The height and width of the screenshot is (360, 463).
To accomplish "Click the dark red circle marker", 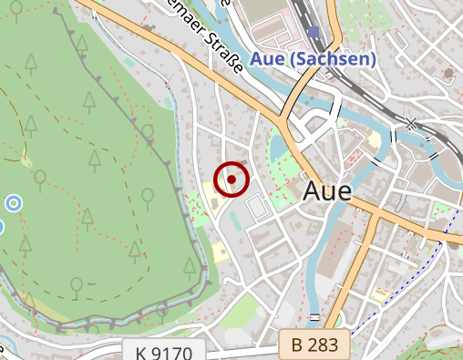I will (x=231, y=180).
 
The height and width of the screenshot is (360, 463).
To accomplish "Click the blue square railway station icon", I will (x=314, y=33).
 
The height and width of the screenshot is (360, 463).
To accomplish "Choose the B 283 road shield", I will (x=315, y=345).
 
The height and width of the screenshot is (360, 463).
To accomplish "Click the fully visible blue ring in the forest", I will (x=14, y=201).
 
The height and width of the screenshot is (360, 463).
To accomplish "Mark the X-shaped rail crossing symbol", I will (x=412, y=123).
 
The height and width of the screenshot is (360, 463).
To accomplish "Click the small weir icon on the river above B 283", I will (x=314, y=316).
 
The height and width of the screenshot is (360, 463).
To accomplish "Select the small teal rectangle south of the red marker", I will (x=235, y=220).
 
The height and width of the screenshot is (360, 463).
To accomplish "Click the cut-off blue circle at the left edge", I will (x=1, y=226).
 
